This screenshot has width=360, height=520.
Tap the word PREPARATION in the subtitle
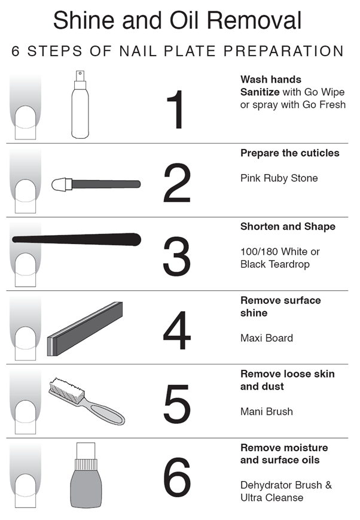pos(283,51)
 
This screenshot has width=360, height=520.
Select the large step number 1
pos(176,110)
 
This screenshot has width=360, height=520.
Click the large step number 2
pos(176,183)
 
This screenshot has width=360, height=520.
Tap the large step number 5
pos(177,404)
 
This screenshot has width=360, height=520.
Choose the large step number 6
pos(177,478)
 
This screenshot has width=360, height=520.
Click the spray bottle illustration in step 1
pos(80,105)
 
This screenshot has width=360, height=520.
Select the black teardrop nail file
pos(77,239)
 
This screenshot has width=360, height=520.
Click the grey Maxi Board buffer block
pos(85,329)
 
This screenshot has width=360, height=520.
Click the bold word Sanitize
pos(260,92)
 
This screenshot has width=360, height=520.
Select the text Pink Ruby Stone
pos(279,178)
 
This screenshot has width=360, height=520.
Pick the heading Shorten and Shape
pos(288,227)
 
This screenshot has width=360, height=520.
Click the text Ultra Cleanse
pos(272,497)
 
